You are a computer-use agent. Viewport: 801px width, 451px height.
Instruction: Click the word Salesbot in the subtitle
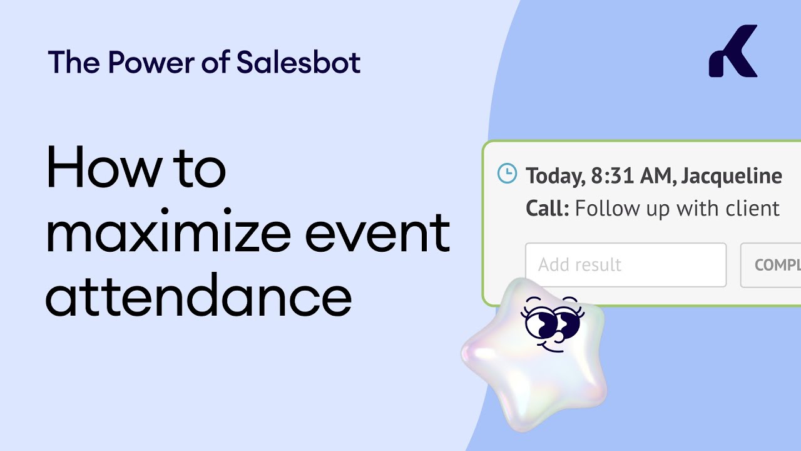coord(298,63)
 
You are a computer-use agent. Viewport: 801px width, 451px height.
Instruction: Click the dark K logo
coord(733,51)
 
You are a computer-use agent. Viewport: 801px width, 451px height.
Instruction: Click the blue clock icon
coord(507,174)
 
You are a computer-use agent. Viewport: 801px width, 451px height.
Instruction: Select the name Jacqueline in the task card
coord(731,176)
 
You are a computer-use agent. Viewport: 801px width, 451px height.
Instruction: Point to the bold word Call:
coord(548,208)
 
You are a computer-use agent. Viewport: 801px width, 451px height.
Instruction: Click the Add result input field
coord(625,265)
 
